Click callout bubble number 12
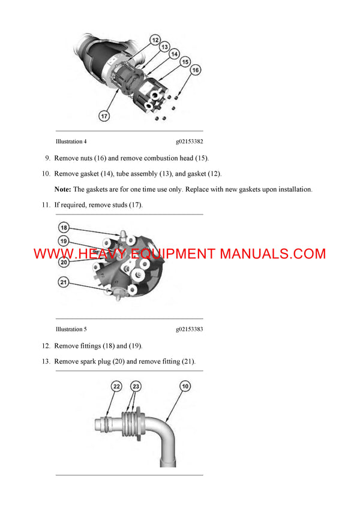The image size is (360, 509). tap(155, 40)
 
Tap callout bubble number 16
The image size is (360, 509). tap(194, 70)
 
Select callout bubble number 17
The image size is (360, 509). tap(104, 116)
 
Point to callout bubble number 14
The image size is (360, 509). tap(175, 53)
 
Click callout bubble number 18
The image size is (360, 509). tap(64, 228)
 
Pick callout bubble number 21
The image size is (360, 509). tap(64, 282)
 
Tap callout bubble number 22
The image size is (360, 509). tap(116, 387)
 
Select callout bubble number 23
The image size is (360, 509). tap(136, 387)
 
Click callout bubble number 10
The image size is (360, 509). tap(185, 387)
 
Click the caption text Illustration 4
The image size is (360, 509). tap(71, 142)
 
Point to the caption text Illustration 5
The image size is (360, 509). tap(71, 329)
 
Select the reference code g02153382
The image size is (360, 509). tap(189, 142)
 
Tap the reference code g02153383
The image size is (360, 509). tap(189, 329)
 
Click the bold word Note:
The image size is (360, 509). tap(63, 189)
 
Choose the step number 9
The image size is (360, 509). tap(47, 158)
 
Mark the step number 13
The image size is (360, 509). tap(46, 362)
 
